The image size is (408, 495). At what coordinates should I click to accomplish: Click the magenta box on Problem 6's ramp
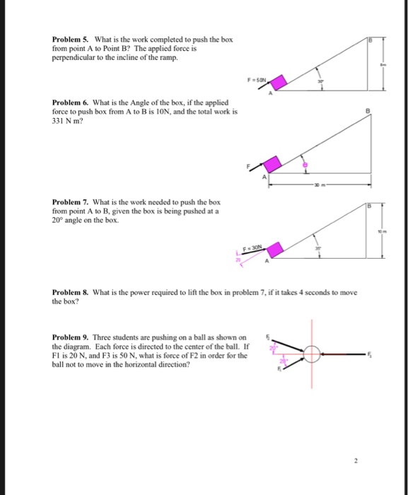click(x=279, y=164)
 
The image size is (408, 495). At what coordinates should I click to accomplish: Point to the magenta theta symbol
click(x=306, y=163)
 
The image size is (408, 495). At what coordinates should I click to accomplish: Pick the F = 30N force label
click(x=252, y=245)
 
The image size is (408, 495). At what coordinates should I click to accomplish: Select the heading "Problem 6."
click(x=69, y=104)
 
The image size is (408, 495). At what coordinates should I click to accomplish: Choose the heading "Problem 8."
click(x=69, y=292)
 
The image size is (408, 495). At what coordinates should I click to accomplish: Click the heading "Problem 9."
click(x=69, y=337)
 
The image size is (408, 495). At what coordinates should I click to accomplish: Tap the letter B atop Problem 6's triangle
click(x=368, y=112)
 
